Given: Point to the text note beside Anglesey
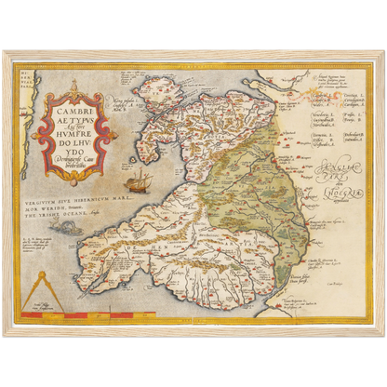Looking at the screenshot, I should tap(128, 103).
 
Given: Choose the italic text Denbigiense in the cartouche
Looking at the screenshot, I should tap(65, 163).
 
